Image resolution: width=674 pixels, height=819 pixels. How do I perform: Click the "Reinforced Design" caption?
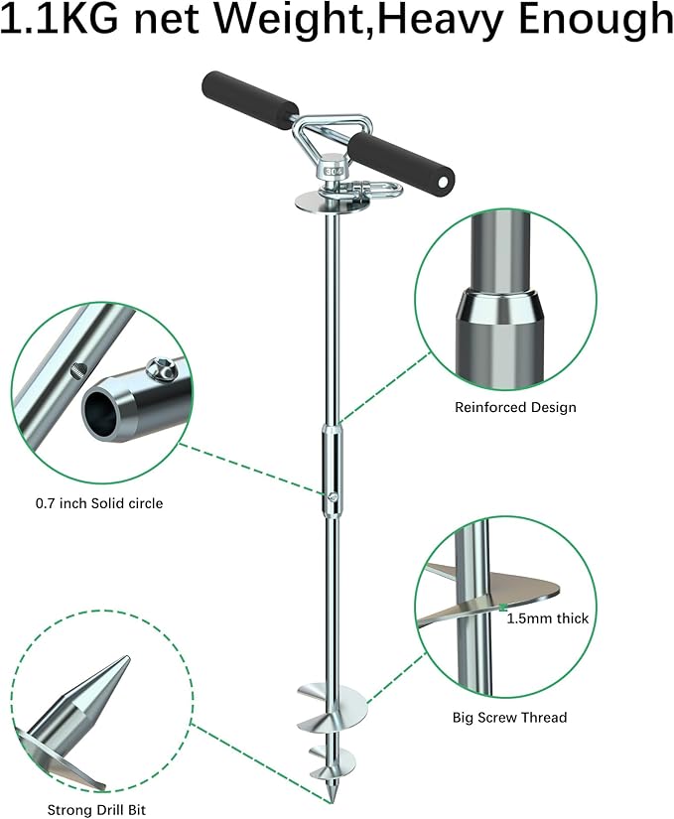[515, 407]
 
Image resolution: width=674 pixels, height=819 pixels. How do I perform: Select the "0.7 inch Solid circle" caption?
[99, 503]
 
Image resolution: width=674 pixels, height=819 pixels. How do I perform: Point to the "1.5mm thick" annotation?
[548, 618]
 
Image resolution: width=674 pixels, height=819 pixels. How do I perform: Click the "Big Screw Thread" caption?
[509, 717]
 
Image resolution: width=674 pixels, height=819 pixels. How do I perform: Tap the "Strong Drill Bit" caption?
[96, 810]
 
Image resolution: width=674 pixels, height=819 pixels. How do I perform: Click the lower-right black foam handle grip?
[401, 156]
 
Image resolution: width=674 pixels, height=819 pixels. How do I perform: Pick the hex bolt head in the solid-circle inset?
[162, 368]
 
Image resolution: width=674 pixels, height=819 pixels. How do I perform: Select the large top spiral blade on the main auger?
[333, 705]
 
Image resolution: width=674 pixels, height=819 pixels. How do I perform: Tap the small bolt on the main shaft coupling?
[333, 496]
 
